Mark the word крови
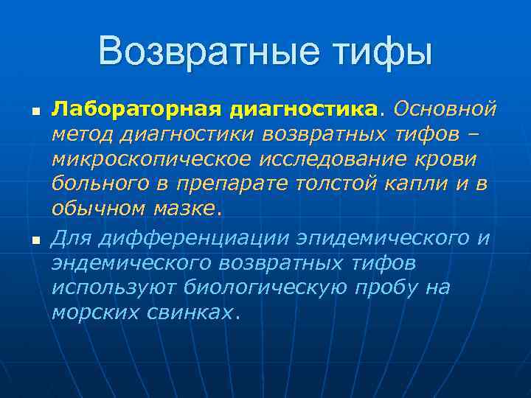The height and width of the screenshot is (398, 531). pos(451,160)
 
